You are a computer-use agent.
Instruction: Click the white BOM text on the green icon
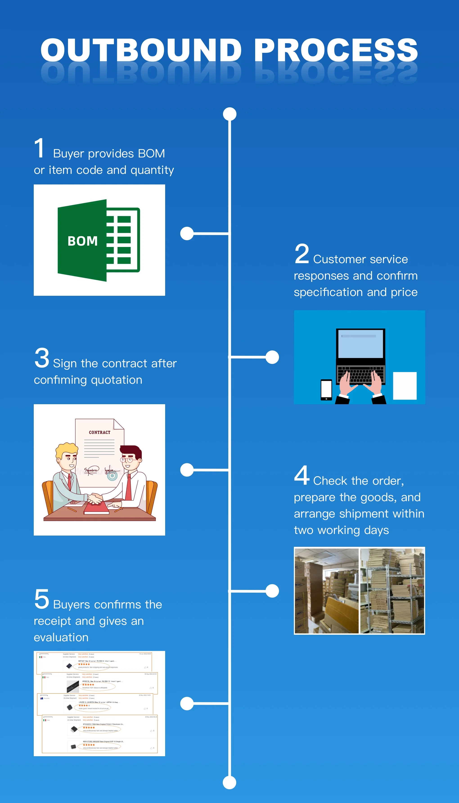(x=83, y=241)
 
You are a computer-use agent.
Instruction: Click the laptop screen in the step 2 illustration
(x=360, y=343)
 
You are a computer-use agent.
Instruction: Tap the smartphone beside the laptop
(x=326, y=390)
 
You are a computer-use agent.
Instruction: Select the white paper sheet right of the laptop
(x=405, y=386)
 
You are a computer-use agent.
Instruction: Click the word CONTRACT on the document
(x=100, y=432)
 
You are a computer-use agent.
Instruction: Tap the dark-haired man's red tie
(x=129, y=487)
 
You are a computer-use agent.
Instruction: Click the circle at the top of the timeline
(x=229, y=114)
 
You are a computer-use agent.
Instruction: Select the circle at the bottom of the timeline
(x=229, y=783)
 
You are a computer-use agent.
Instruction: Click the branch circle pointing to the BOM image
(x=187, y=233)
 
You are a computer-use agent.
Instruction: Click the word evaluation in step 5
(x=61, y=637)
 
